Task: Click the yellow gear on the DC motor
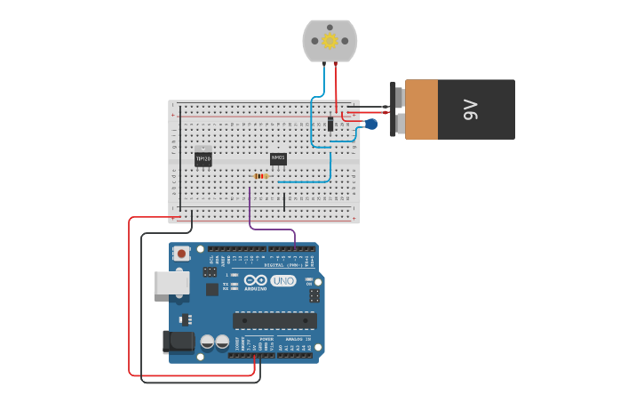pos(330,40)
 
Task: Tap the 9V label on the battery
pos(470,109)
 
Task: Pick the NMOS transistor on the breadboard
pos(278,158)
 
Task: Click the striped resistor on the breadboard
pos(260,176)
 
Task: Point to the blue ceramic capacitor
pos(371,125)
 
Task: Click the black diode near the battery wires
pos(330,125)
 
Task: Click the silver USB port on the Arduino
pos(171,283)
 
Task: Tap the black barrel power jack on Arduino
pos(179,342)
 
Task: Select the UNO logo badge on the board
pos(283,281)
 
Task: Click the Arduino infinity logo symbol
pos(256,280)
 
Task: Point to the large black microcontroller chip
pos(274,320)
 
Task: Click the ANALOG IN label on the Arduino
pos(298,339)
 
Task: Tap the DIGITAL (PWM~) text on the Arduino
pos(283,265)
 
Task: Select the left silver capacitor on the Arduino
pos(207,342)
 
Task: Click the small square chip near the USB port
pos(212,289)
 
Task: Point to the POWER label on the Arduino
pos(266,339)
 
